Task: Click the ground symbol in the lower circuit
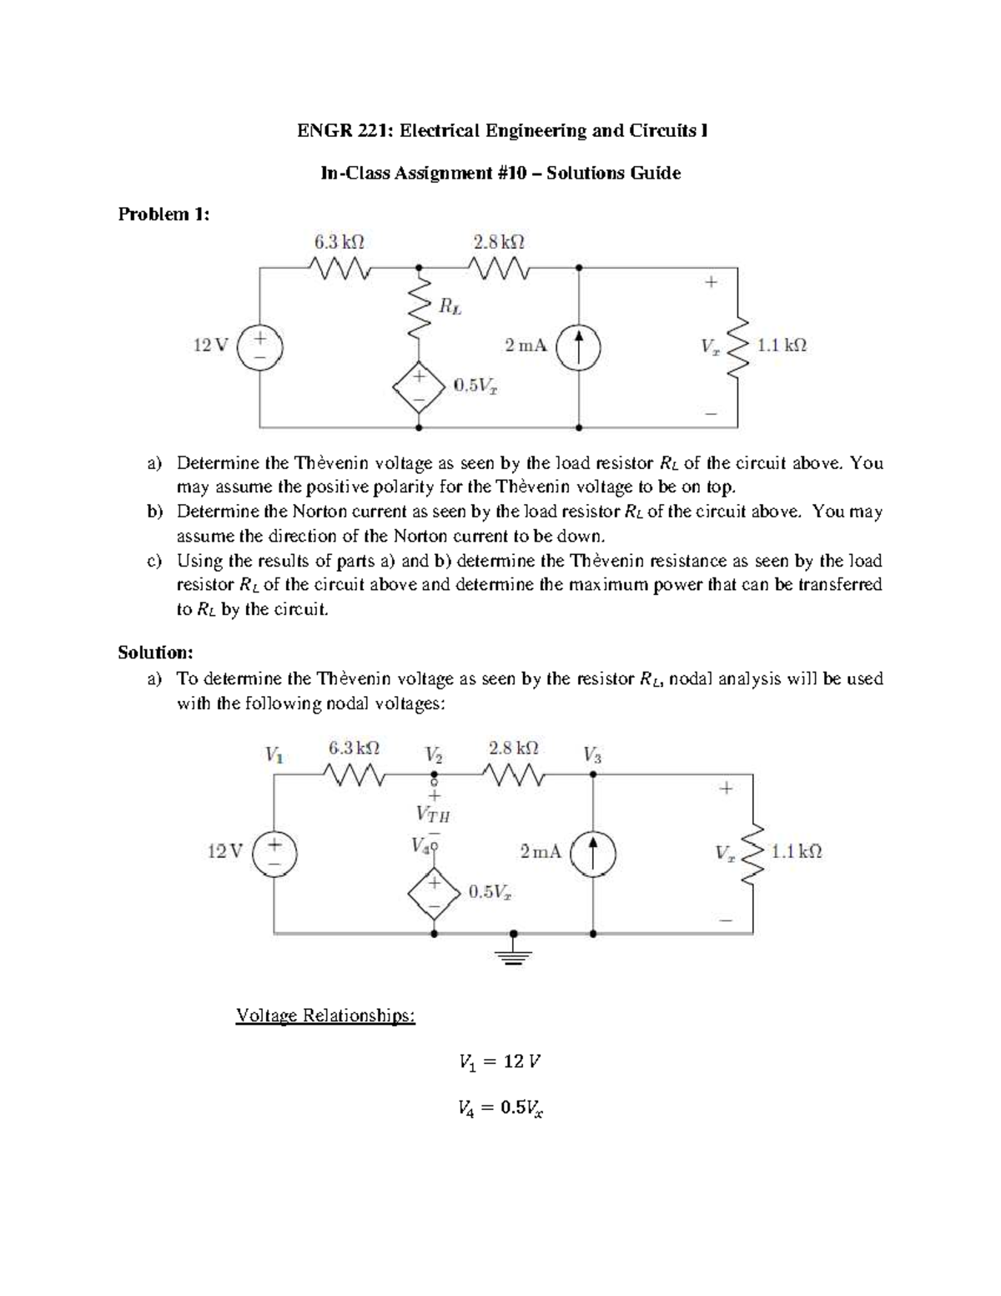coord(514,951)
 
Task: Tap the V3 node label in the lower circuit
coord(592,756)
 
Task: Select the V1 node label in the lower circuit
coord(274,755)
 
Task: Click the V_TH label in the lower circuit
coord(433,814)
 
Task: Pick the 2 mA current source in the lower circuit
coord(593,853)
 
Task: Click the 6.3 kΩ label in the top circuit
coord(339,243)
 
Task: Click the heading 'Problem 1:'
coord(163,214)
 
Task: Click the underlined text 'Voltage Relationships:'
coord(325,1016)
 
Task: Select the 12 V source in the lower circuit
coord(274,853)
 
